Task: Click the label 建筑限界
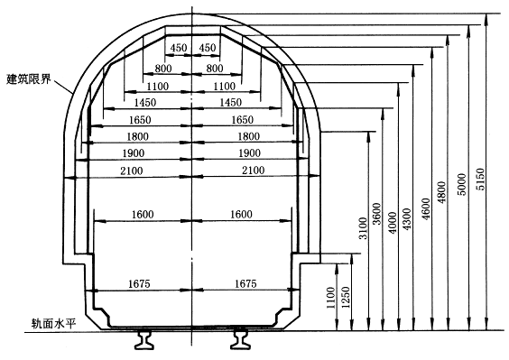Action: coord(29,78)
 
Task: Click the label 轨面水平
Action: coord(53,324)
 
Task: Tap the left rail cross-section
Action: coord(143,340)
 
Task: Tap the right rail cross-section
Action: coord(241,340)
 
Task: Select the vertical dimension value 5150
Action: coord(480,180)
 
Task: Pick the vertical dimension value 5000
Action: coord(461,184)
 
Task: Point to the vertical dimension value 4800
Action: coord(442,192)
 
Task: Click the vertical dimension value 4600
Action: coord(426,209)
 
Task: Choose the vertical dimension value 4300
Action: coord(406,219)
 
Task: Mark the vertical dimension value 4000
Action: coord(393,223)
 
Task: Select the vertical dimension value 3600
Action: coord(376,214)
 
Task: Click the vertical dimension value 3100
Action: coord(363,228)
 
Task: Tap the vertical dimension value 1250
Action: coord(346,298)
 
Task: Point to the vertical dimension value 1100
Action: coord(330,298)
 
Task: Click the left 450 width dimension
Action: coord(179,48)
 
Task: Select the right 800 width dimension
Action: coord(215,69)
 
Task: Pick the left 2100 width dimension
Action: coord(132,171)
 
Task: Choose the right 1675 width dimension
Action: coord(245,283)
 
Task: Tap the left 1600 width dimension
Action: coord(143,214)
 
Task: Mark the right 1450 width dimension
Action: coord(231,103)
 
